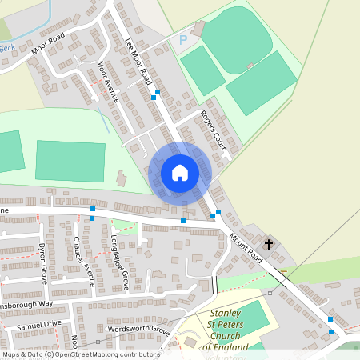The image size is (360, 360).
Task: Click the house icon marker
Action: click(179, 172)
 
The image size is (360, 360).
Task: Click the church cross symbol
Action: click(268, 243)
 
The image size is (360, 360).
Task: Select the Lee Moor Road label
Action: click(138, 61)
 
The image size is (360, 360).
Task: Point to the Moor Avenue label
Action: click(107, 82)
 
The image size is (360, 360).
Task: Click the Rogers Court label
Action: click(214, 130)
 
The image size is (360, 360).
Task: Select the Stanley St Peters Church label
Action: click(230, 328)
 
